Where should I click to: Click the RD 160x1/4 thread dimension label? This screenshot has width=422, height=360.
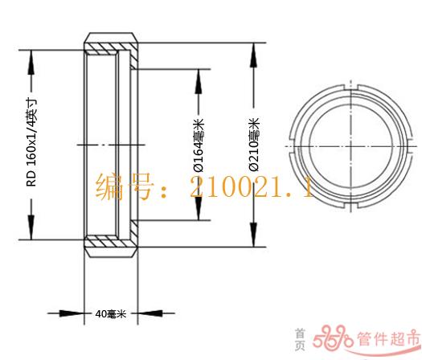point(31,142)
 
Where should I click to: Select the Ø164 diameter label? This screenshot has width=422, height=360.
point(199,145)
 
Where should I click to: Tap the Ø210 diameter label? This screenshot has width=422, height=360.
point(254,145)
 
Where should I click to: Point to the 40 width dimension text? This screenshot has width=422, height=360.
point(111,313)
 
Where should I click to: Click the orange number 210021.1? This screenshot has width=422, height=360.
point(251,187)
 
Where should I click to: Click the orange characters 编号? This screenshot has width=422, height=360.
point(125,186)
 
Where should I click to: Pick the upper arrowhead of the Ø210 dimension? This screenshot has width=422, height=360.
point(253,55)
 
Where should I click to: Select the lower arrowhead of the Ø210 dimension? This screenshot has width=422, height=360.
point(253,234)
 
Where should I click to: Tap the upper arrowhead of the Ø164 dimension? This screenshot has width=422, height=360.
point(199,81)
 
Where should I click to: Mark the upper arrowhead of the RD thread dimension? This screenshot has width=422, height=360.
point(31,63)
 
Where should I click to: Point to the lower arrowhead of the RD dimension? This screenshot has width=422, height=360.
point(31,227)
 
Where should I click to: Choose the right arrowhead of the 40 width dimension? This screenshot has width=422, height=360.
point(150,313)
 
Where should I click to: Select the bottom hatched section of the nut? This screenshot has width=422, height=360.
point(111,240)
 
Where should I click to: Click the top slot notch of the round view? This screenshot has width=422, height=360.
point(351,88)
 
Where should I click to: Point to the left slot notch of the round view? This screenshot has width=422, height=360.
point(291,146)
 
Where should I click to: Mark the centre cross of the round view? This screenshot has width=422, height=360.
point(351,146)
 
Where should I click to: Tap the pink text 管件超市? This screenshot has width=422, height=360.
point(388,338)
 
